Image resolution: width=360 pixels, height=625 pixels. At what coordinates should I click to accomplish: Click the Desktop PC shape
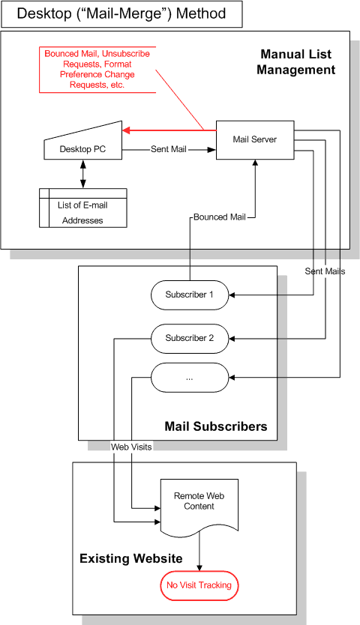[82, 143]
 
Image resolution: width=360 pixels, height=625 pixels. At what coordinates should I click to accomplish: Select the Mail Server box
[255, 140]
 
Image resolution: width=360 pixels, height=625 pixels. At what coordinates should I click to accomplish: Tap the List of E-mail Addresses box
[83, 208]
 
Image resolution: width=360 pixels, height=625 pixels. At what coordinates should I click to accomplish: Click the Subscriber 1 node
[190, 295]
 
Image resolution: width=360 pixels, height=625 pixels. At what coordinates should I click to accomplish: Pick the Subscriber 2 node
[190, 339]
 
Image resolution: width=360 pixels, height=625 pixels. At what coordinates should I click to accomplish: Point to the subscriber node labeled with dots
[190, 378]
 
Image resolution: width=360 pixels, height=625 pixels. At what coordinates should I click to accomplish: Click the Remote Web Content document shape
[199, 505]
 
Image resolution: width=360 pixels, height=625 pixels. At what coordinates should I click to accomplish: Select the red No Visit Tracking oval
[199, 585]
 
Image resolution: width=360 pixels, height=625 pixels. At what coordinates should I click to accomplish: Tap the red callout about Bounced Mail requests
[97, 70]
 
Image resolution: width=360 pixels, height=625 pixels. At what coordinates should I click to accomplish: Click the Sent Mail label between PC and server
[169, 149]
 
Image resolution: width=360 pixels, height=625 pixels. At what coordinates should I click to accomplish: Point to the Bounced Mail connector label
[220, 217]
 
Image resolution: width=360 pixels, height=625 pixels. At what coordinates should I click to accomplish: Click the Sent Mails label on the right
[325, 271]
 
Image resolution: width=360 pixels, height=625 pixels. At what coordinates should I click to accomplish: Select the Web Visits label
[131, 447]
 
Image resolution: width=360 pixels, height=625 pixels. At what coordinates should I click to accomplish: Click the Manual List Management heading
[296, 61]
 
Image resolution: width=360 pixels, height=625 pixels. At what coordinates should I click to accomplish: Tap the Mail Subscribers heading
[216, 426]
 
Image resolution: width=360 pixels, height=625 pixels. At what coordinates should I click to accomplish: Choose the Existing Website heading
[131, 558]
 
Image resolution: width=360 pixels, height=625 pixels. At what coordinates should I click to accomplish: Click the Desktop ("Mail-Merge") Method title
[121, 13]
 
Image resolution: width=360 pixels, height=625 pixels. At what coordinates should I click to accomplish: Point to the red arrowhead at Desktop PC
[127, 130]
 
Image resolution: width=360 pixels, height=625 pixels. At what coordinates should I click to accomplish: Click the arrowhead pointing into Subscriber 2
[232, 339]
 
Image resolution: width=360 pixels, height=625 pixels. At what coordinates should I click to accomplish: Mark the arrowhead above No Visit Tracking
[199, 567]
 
